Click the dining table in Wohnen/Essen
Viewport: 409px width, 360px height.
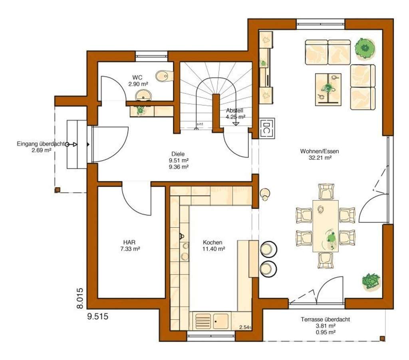click(326, 226)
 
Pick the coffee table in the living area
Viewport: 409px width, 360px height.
click(328, 89)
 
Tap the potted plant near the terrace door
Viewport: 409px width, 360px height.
click(371, 281)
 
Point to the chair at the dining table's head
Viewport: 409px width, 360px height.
click(326, 192)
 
